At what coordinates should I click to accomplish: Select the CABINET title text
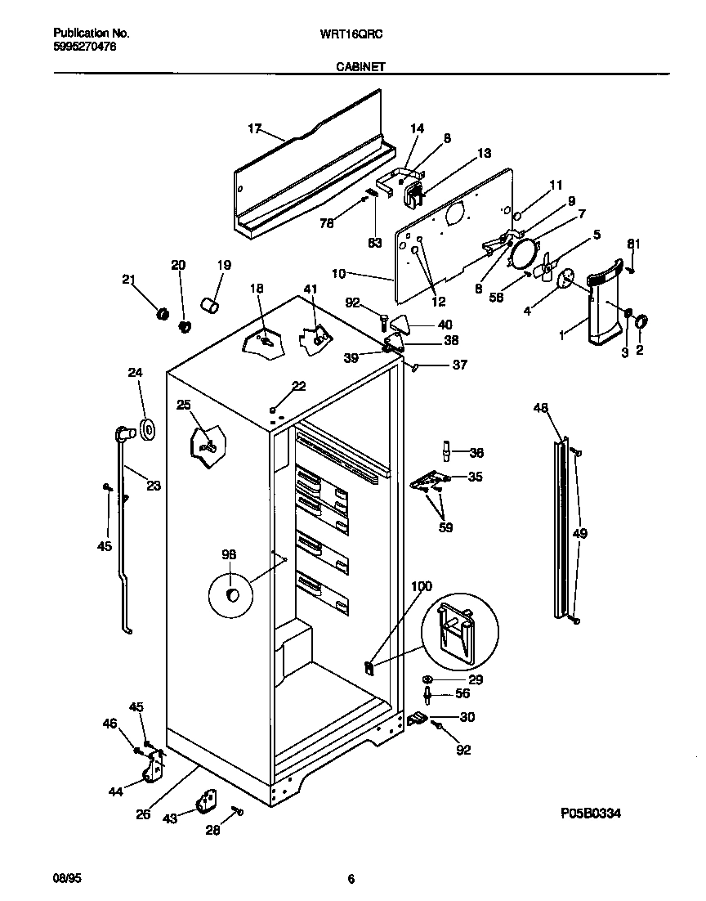(x=360, y=69)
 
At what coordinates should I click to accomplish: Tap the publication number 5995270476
(x=84, y=47)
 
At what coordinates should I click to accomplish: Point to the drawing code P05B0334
(x=596, y=814)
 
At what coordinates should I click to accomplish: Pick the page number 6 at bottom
(x=351, y=879)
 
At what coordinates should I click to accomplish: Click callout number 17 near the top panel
(x=254, y=128)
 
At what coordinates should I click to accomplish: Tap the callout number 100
(x=421, y=586)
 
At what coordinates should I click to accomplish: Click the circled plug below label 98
(x=233, y=594)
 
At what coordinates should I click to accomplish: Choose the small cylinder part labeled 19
(x=211, y=307)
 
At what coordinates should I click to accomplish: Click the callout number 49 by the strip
(x=579, y=534)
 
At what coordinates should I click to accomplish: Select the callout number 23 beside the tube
(x=153, y=486)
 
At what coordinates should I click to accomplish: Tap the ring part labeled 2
(x=640, y=321)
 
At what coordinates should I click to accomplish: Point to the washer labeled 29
(x=428, y=679)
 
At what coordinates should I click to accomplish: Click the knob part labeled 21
(x=161, y=314)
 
